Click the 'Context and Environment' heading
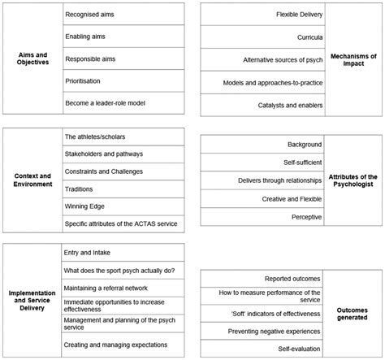point(32,179)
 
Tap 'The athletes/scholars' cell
point(95,136)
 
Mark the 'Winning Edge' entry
point(85,206)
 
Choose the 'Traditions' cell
point(80,189)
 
